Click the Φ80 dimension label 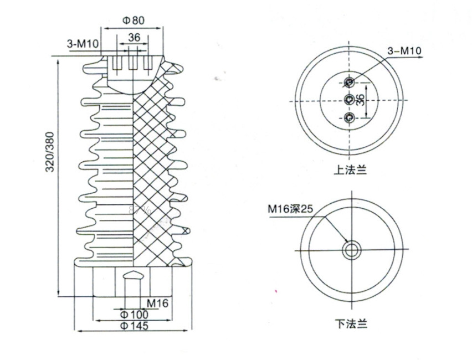(x=133, y=20)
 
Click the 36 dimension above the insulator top (x=134, y=38)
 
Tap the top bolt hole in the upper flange (x=349, y=83)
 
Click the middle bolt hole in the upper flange (x=349, y=100)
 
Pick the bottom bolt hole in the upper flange (x=349, y=117)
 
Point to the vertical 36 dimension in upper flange (x=360, y=100)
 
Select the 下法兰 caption (x=350, y=322)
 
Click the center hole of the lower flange (x=350, y=250)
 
